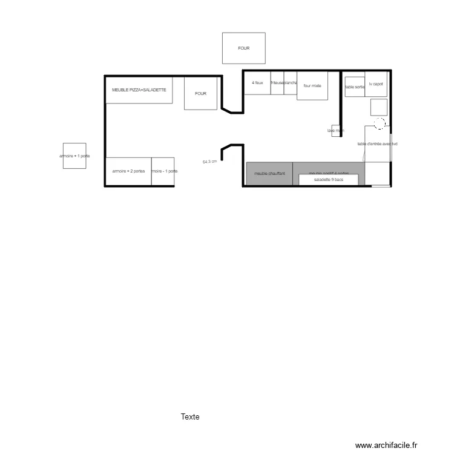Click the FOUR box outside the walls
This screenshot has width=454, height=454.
(243, 48)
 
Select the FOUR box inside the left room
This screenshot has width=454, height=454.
(200, 94)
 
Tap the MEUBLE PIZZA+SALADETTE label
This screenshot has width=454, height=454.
(139, 90)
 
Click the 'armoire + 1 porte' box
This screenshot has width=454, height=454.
(74, 156)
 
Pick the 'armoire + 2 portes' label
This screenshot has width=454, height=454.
(128, 171)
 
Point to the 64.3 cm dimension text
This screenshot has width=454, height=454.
(209, 162)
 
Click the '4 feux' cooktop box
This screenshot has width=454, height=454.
(257, 83)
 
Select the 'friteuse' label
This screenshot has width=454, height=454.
(277, 83)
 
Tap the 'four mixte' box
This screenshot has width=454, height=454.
(312, 86)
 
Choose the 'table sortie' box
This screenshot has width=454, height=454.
(355, 87)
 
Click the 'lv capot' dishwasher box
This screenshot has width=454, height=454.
(376, 85)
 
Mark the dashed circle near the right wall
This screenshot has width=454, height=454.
(380, 123)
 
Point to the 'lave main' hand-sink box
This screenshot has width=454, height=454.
(337, 131)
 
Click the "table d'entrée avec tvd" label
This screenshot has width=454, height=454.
(377, 144)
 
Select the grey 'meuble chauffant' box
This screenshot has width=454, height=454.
(269, 174)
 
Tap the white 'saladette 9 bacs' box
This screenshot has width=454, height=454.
(329, 180)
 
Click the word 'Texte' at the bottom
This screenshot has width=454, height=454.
(190, 417)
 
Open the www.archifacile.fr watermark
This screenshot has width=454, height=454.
(387, 445)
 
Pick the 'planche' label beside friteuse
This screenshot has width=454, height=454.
(291, 83)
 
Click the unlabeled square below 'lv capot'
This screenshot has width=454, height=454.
(379, 107)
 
